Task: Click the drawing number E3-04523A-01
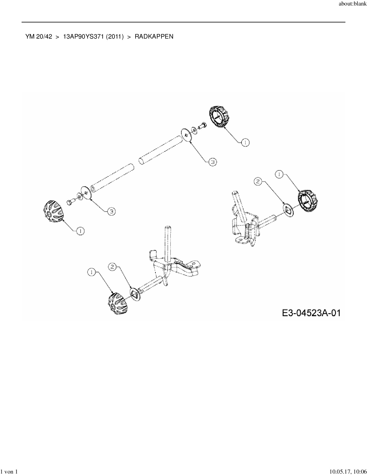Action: (x=311, y=313)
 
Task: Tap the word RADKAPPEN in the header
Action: (x=154, y=37)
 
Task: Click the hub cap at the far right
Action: (x=307, y=201)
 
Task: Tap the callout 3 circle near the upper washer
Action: (x=212, y=162)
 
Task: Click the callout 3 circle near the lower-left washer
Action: (x=111, y=212)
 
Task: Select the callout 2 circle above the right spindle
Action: (x=258, y=181)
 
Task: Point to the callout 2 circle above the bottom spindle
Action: (x=112, y=267)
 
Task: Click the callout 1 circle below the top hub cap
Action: (x=245, y=142)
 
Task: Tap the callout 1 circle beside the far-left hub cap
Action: (x=80, y=231)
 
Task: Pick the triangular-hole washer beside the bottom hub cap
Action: (x=135, y=294)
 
